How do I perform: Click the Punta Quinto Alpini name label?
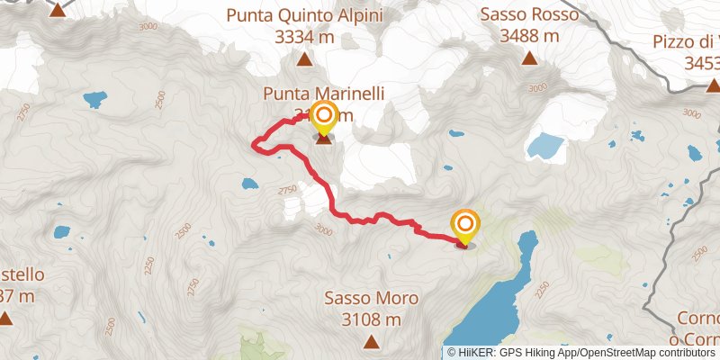pyautogui.click(x=304, y=15)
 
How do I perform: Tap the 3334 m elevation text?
pyautogui.click(x=304, y=37)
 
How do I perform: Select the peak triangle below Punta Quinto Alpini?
pyautogui.click(x=304, y=61)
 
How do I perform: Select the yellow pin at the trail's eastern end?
pyautogui.click(x=465, y=225)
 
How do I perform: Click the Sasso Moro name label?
pyautogui.click(x=370, y=298)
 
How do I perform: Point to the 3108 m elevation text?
pyautogui.click(x=370, y=319)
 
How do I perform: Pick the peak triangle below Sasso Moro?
pyautogui.click(x=370, y=342)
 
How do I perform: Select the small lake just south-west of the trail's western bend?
pyautogui.click(x=248, y=184)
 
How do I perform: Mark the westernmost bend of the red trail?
pyautogui.click(x=255, y=143)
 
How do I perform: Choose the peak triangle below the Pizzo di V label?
pyautogui.click(x=712, y=86)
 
